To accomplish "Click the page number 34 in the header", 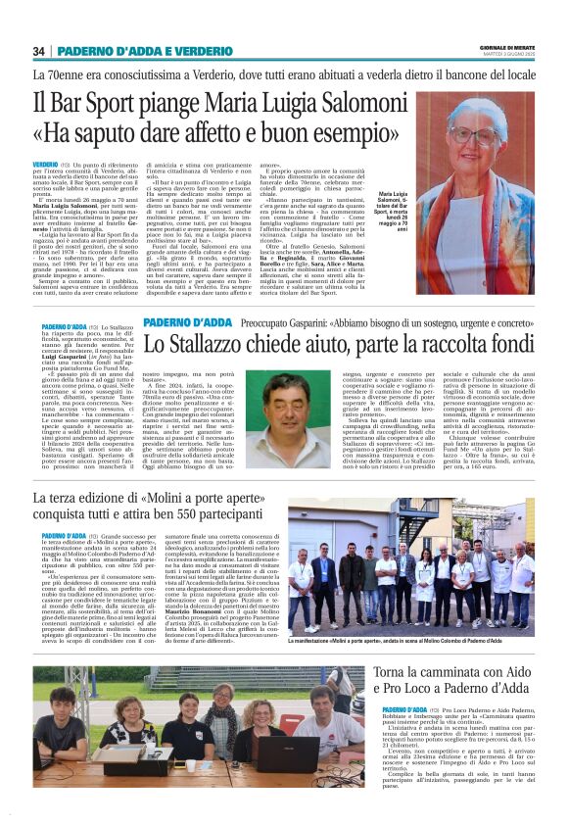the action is click(39, 51).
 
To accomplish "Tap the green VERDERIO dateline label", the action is click(45, 164).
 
